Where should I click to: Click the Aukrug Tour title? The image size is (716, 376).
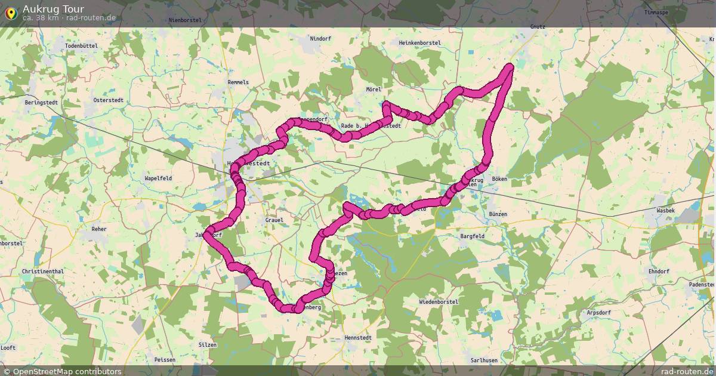pyautogui.click(x=53, y=9)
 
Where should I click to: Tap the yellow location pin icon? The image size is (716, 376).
pyautogui.click(x=10, y=12)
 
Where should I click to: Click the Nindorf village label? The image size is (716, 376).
pyautogui.click(x=320, y=39)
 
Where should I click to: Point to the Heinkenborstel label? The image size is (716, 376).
pyautogui.click(x=419, y=43)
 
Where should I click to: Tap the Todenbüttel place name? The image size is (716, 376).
pyautogui.click(x=81, y=46)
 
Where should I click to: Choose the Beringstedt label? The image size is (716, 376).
pyautogui.click(x=41, y=103)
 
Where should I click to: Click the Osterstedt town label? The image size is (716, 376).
pyautogui.click(x=108, y=100)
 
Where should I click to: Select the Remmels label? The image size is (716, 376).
pyautogui.click(x=238, y=82)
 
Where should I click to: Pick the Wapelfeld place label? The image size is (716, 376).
pyautogui.click(x=158, y=178)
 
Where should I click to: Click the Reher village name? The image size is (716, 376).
pyautogui.click(x=98, y=229)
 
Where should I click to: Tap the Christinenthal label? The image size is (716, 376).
pyautogui.click(x=42, y=271)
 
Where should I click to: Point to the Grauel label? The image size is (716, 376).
pyautogui.click(x=274, y=220)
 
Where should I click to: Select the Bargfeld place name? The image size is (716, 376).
pyautogui.click(x=473, y=236)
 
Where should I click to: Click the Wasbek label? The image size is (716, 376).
pyautogui.click(x=665, y=211)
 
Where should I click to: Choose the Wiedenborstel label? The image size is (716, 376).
pyautogui.click(x=439, y=302)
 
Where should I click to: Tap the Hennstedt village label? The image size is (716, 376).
pyautogui.click(x=358, y=338)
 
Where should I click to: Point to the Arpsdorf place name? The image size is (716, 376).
pyautogui.click(x=600, y=313)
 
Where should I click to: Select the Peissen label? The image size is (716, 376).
pyautogui.click(x=165, y=360)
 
